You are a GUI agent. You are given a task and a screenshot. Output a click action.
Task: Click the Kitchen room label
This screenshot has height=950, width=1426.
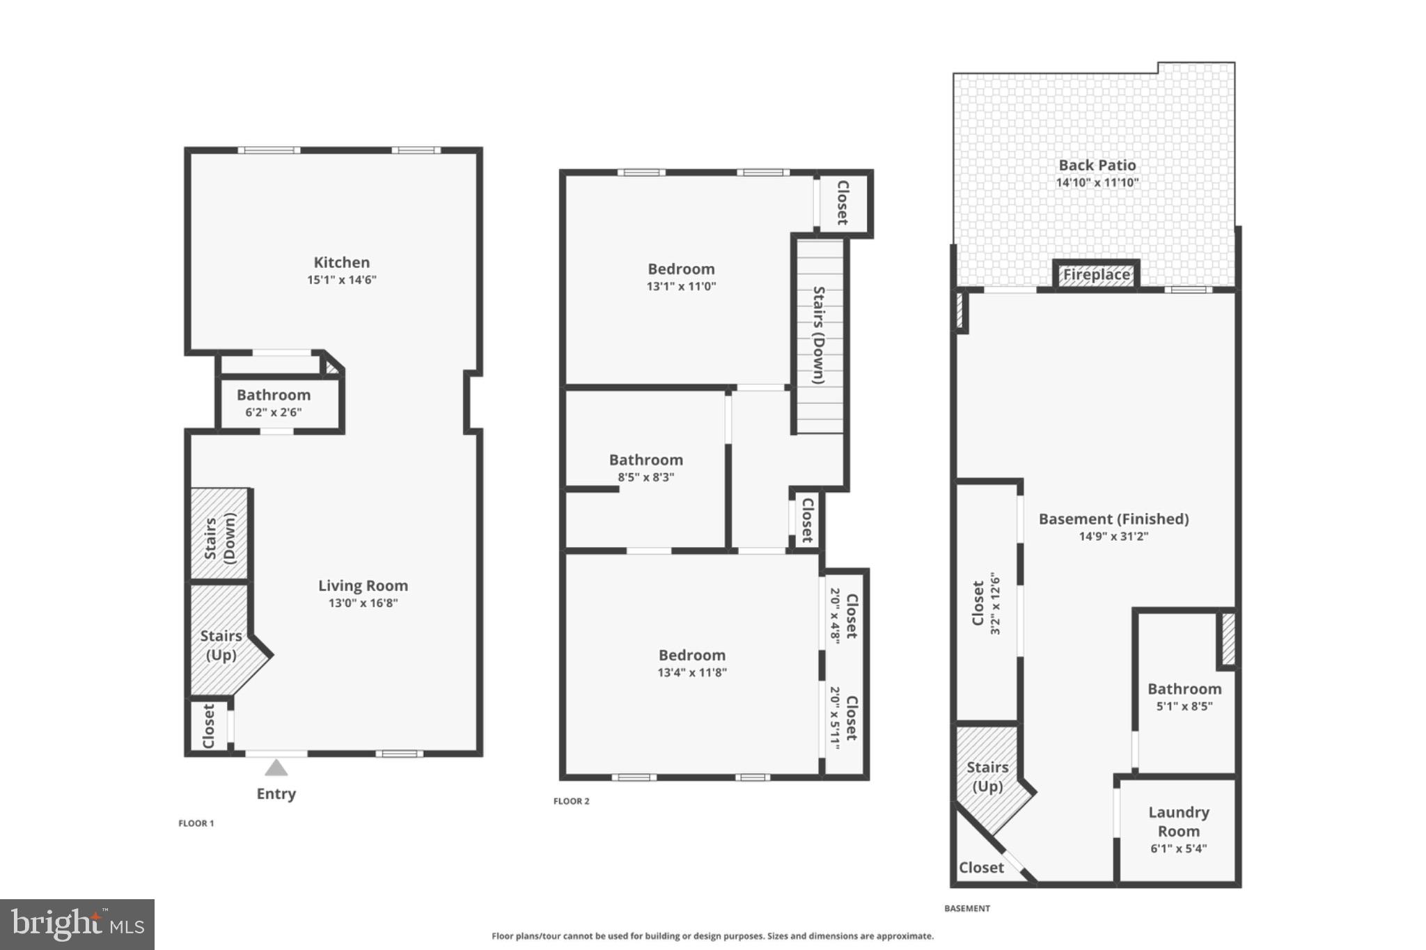click(x=341, y=263)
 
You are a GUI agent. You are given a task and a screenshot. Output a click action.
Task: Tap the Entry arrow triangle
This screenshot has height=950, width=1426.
click(x=276, y=768)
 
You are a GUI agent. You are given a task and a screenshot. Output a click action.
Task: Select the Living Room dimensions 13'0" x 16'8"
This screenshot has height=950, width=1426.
click(x=363, y=603)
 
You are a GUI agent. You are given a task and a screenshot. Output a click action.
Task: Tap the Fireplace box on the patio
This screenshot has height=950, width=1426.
click(x=1096, y=275)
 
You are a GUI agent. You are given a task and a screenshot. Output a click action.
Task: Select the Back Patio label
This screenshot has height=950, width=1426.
click(x=1097, y=166)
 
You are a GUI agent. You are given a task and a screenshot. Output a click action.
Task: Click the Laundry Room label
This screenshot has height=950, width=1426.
click(x=1178, y=822)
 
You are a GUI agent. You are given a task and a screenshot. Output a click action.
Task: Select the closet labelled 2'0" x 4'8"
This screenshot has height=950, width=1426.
click(x=843, y=616)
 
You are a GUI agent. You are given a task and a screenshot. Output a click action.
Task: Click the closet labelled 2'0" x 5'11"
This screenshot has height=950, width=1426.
click(x=843, y=718)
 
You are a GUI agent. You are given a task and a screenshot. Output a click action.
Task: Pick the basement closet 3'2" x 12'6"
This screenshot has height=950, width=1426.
click(x=986, y=603)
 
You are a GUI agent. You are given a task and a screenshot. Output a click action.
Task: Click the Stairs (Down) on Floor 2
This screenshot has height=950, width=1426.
click(x=820, y=335)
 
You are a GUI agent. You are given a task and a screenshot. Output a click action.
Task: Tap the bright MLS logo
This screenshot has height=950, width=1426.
click(x=77, y=924)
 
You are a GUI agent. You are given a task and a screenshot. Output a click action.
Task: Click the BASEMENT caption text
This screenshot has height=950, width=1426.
click(x=966, y=908)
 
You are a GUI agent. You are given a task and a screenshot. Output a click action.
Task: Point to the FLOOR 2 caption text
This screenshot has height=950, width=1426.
click(x=571, y=801)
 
